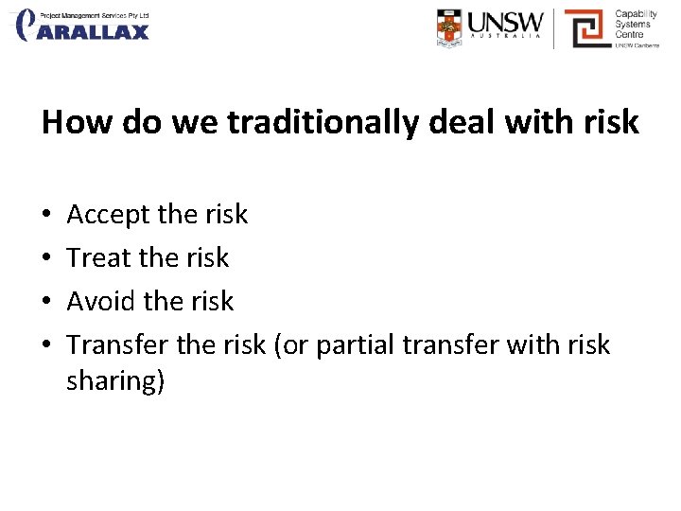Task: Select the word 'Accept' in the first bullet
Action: (108, 215)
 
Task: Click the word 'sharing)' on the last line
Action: (115, 381)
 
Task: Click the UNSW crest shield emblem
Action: (450, 27)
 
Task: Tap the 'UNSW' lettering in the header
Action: (506, 22)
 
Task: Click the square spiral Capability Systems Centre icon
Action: (586, 27)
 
